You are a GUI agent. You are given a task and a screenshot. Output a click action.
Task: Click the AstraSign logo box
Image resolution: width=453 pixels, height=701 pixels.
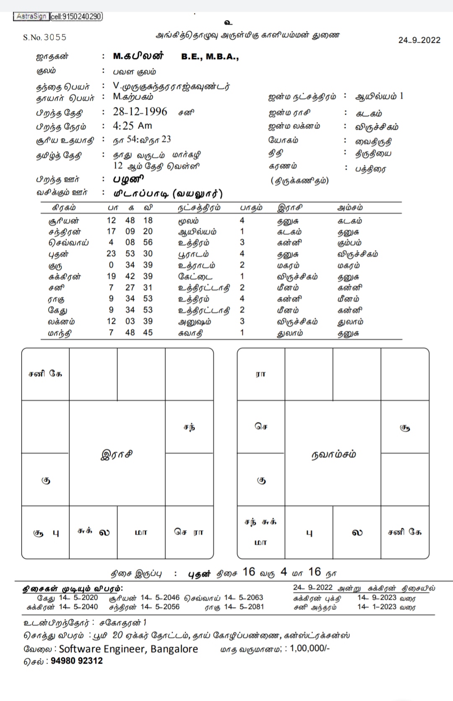31,16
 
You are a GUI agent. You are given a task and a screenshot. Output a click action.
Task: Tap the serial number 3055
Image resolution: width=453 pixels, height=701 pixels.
55,37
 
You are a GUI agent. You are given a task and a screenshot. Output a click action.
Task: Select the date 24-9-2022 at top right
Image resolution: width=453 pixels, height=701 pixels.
419,40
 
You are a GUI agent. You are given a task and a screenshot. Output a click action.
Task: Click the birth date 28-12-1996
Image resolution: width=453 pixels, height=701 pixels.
140,112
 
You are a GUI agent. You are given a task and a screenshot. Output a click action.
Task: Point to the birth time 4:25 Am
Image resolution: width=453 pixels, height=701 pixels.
132,126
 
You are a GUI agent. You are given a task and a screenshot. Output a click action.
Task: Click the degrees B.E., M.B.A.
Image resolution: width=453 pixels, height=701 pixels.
210,57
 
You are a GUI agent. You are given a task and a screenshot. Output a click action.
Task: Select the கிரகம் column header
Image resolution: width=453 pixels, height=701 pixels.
64,208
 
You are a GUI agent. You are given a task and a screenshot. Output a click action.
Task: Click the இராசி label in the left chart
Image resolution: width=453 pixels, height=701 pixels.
117,454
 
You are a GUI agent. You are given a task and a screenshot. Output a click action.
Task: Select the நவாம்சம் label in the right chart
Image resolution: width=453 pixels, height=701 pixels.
333,454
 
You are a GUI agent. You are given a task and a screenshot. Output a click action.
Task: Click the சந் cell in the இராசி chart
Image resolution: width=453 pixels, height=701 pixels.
189,427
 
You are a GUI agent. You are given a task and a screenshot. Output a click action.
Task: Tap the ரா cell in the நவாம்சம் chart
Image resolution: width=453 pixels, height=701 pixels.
260,374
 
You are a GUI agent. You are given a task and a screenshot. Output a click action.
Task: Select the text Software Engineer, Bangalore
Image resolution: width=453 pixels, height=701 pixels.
128,649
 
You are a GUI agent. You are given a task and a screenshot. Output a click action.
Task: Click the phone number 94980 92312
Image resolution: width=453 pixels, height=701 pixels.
77,661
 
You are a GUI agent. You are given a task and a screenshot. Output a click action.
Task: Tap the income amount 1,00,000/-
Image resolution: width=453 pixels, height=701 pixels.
310,649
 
